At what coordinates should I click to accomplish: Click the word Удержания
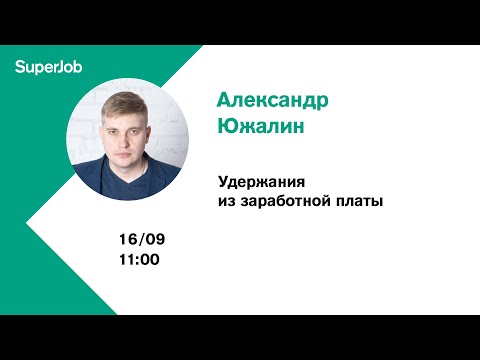[262, 183]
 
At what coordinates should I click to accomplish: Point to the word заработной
[290, 201]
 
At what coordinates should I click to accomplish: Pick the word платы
[363, 201]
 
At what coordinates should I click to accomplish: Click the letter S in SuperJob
[20, 67]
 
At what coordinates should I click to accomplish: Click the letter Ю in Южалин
[228, 129]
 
